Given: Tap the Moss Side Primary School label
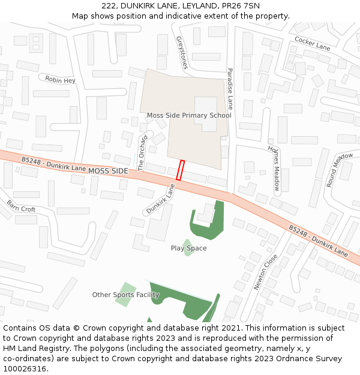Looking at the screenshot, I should click(x=189, y=115).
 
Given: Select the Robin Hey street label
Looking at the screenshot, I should click(x=61, y=80).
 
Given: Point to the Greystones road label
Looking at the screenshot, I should click(x=182, y=52).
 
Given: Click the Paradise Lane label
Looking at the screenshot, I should click(x=230, y=88).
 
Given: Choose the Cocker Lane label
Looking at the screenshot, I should click(x=312, y=43).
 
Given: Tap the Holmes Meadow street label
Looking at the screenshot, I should click(x=274, y=169).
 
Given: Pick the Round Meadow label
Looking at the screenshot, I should click(x=340, y=170).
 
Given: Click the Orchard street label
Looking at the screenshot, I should click(x=143, y=153).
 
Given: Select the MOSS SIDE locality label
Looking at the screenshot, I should click(x=108, y=171).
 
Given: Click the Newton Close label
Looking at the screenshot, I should click(x=265, y=272).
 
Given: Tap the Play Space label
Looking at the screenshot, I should click(x=188, y=248).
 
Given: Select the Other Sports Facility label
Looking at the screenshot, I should click(x=125, y=295).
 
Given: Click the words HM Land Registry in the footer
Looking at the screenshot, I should click(x=34, y=348).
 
